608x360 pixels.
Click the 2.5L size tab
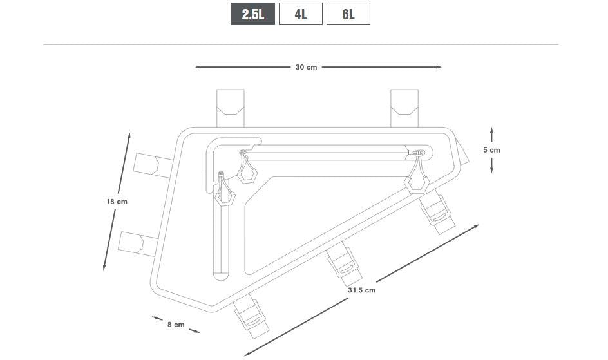tap(253, 14)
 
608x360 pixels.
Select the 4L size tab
tap(301, 14)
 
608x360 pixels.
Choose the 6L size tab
tap(348, 14)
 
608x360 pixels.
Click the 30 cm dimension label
tap(307, 67)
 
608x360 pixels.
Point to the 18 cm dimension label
tap(117, 202)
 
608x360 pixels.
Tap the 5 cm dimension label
tap(491, 150)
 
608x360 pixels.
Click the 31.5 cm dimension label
tap(361, 290)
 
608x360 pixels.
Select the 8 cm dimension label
tap(176, 325)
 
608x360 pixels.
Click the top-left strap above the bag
tap(231, 108)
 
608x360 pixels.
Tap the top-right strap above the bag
tap(404, 108)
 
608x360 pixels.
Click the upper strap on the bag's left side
tap(153, 165)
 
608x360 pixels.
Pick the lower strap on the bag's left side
tap(139, 243)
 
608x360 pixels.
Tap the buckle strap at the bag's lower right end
tap(437, 212)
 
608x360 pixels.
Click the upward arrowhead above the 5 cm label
tap(491, 130)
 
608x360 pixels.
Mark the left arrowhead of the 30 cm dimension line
tap(198, 67)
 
